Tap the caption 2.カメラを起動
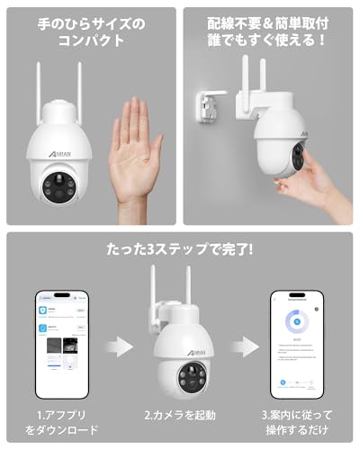(180, 416)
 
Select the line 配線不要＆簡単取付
(267, 19)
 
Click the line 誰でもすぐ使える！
(267, 41)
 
